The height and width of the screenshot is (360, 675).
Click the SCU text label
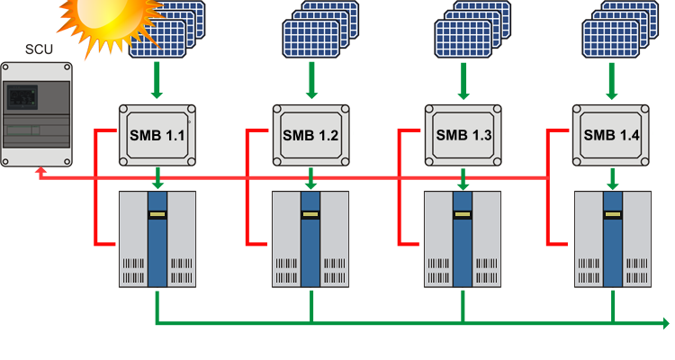pos(39,49)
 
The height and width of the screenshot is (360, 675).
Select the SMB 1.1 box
pos(157,135)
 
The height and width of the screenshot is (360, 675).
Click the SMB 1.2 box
pos(310,135)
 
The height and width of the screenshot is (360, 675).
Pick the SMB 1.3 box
pos(463,135)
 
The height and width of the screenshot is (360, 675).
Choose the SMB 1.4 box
pos(611,135)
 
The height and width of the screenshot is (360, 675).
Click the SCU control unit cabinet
pos(37,114)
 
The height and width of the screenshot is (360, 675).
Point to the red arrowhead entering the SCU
pos(40,171)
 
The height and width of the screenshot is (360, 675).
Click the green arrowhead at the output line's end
pos(666,323)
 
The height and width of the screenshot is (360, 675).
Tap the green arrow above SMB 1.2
pos(311,80)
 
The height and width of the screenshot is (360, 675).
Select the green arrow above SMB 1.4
pos(612,81)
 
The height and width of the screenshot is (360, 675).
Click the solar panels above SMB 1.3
pos(472,29)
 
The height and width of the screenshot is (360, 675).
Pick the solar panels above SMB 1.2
pos(320,29)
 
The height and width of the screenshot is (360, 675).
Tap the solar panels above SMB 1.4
pos(620,29)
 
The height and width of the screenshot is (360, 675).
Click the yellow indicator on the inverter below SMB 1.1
pos(157,214)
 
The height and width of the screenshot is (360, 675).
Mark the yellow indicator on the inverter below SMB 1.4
pos(613,214)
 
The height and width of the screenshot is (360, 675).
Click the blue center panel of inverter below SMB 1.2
pos(310,239)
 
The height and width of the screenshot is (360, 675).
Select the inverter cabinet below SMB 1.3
pos(463,239)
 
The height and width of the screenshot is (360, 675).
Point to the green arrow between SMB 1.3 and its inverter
pos(463,179)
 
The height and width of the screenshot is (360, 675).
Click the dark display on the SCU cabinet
pos(22,97)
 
